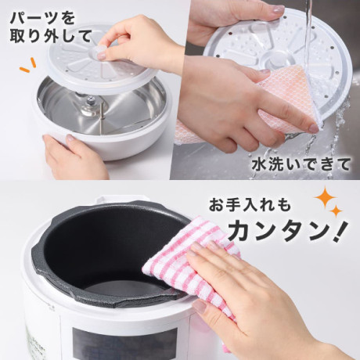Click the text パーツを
pyautogui.click(x=42, y=18)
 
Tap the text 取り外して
pyautogui.click(x=51, y=36)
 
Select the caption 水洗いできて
pyautogui.click(x=301, y=164)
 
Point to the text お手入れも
pyautogui.click(x=250, y=205)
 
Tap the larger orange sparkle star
pyautogui.click(x=325, y=198)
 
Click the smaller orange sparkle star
pyautogui.click(x=337, y=211)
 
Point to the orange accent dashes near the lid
pyautogui.click(x=27, y=65)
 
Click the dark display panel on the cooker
pyautogui.click(x=124, y=344)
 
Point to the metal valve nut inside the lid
pyautogui.click(x=91, y=99)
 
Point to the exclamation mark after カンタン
pyautogui.click(x=341, y=231)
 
